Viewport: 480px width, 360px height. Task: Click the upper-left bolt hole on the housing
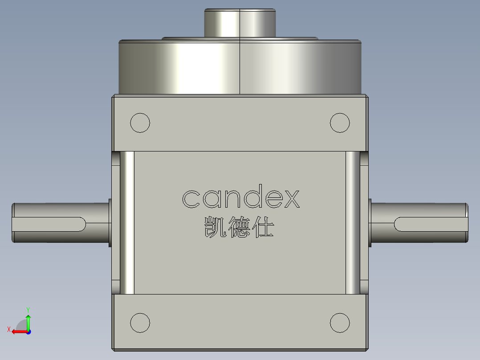[140, 123]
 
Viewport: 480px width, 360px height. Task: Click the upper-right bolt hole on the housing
[340, 123]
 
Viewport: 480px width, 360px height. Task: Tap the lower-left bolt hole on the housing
[140, 322]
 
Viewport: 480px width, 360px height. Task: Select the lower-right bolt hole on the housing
[340, 322]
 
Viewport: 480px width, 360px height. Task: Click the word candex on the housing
[240, 199]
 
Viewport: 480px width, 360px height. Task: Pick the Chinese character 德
[238, 227]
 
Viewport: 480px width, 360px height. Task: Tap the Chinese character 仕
[263, 227]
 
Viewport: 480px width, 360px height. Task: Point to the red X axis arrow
[18, 331]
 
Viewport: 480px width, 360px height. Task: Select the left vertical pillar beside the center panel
[127, 223]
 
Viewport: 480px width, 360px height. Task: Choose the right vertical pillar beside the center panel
[352, 223]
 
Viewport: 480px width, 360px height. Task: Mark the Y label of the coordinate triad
[28, 309]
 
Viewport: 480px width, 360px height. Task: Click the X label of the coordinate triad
[8, 329]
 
